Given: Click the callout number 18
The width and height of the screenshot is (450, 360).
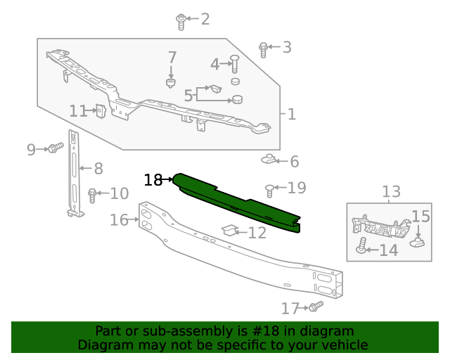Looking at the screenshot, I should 153,180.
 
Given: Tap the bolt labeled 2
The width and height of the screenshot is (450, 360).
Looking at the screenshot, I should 181,21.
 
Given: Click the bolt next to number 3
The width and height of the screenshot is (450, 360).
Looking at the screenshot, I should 264,49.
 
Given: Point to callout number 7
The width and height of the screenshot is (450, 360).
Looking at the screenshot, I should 172,58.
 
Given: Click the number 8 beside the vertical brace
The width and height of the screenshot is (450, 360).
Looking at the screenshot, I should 98,169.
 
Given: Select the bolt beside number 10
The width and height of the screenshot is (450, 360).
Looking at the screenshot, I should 92,195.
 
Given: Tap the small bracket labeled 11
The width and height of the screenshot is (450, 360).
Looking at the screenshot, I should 101,110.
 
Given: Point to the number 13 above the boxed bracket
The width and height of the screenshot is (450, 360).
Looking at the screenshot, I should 391,191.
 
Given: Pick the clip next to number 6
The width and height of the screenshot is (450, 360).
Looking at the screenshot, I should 269,160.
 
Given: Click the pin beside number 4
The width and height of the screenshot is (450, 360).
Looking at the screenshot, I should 236,65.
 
